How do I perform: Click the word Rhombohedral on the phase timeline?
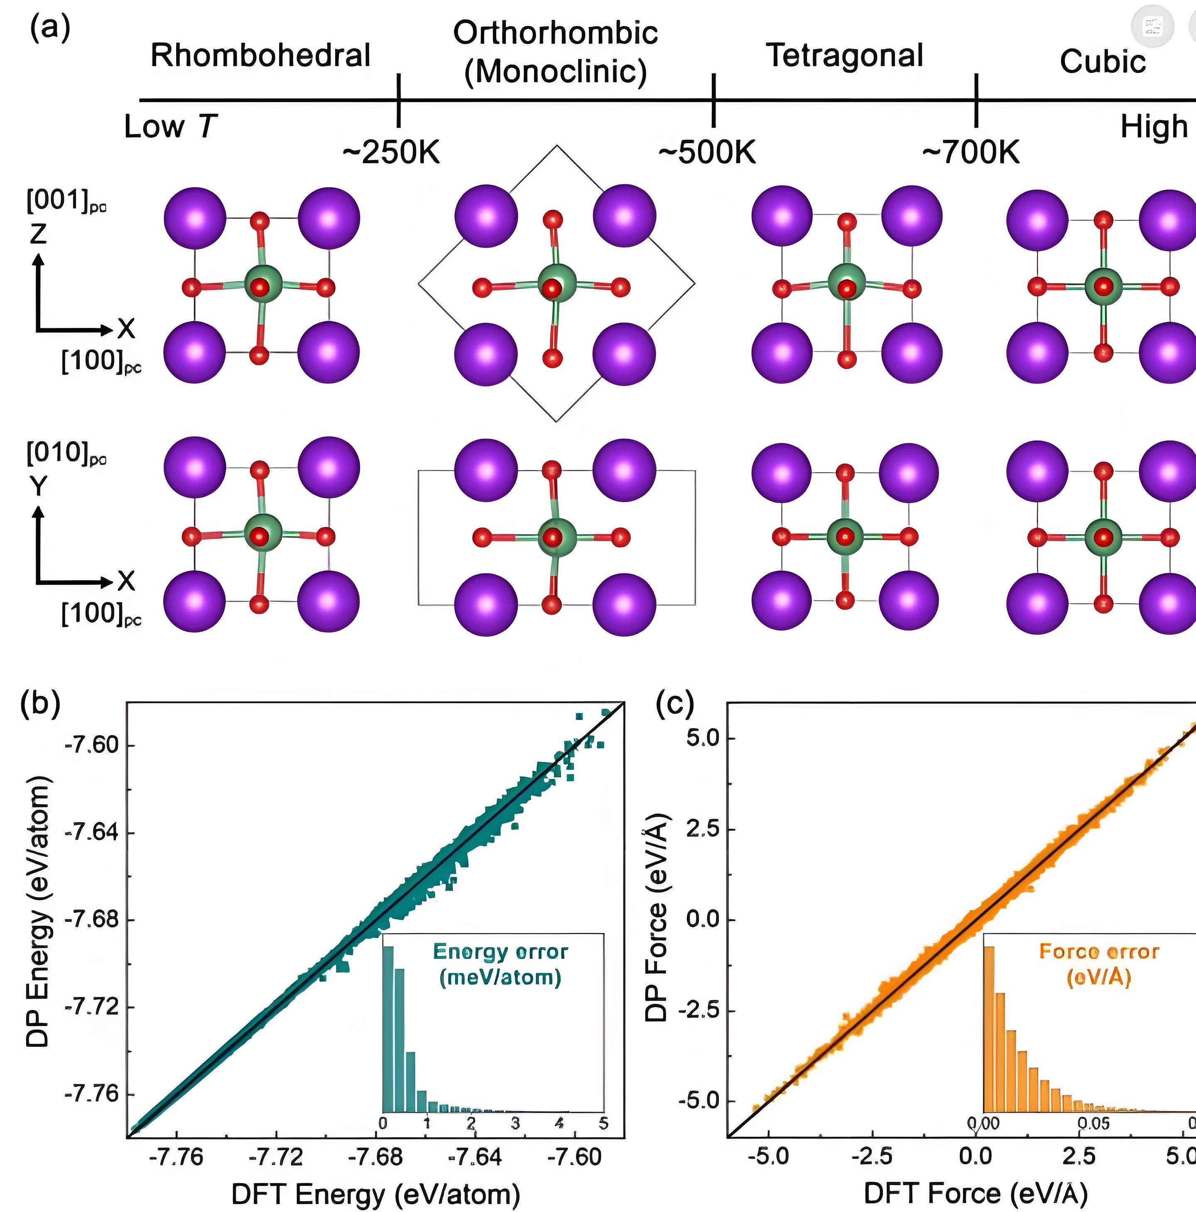[260, 55]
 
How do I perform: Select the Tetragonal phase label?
[845, 55]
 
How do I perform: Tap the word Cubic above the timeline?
[1103, 61]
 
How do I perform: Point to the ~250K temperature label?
[391, 152]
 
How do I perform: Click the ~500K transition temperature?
[707, 152]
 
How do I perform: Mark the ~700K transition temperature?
[971, 152]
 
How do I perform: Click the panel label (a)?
[50, 28]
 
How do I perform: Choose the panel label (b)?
[40, 704]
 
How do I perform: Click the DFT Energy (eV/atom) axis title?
[375, 1194]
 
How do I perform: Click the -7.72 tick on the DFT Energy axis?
[276, 1156]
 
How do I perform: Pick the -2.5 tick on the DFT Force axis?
[872, 1156]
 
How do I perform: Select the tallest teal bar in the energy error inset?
[388, 1029]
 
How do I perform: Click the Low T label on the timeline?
[170, 127]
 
